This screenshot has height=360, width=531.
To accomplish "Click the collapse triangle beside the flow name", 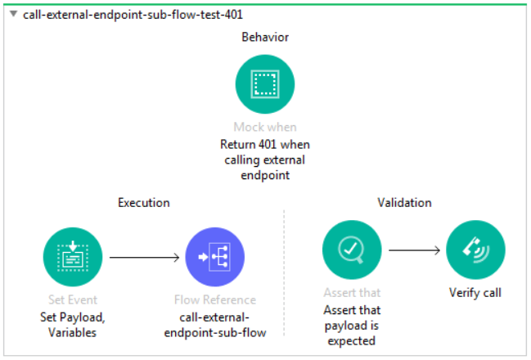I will tap(13, 15).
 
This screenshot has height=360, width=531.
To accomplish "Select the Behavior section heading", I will tap(265, 38).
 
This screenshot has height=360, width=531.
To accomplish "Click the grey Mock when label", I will tap(265, 127).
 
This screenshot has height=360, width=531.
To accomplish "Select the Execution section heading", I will tap(144, 202).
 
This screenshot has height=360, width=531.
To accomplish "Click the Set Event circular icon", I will tap(72, 257).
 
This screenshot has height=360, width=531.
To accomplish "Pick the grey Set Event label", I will tap(72, 300).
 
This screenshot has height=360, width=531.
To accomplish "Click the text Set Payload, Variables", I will tap(72, 324).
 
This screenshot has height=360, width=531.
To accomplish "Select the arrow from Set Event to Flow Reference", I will tap(144, 257).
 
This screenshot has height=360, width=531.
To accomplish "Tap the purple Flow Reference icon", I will tap(215, 257).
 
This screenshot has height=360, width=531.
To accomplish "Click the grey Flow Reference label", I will tap(215, 300).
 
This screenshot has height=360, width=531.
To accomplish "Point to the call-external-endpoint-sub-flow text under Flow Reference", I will tap(215, 324).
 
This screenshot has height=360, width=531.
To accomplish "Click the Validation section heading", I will tap(404, 202).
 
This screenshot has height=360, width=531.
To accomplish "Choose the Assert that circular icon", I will tap(352, 250).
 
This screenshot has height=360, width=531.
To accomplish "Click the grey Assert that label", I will tap(352, 292).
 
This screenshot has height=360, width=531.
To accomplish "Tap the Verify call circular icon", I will tap(475, 250).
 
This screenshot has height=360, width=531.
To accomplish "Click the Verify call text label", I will tap(475, 292).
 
